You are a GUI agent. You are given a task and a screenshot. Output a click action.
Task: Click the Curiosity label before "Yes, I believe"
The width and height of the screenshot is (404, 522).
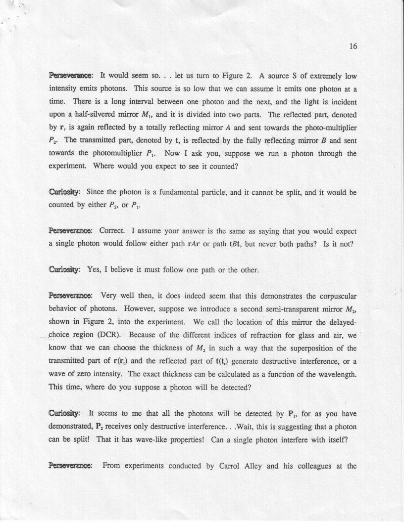click(x=65, y=269)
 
